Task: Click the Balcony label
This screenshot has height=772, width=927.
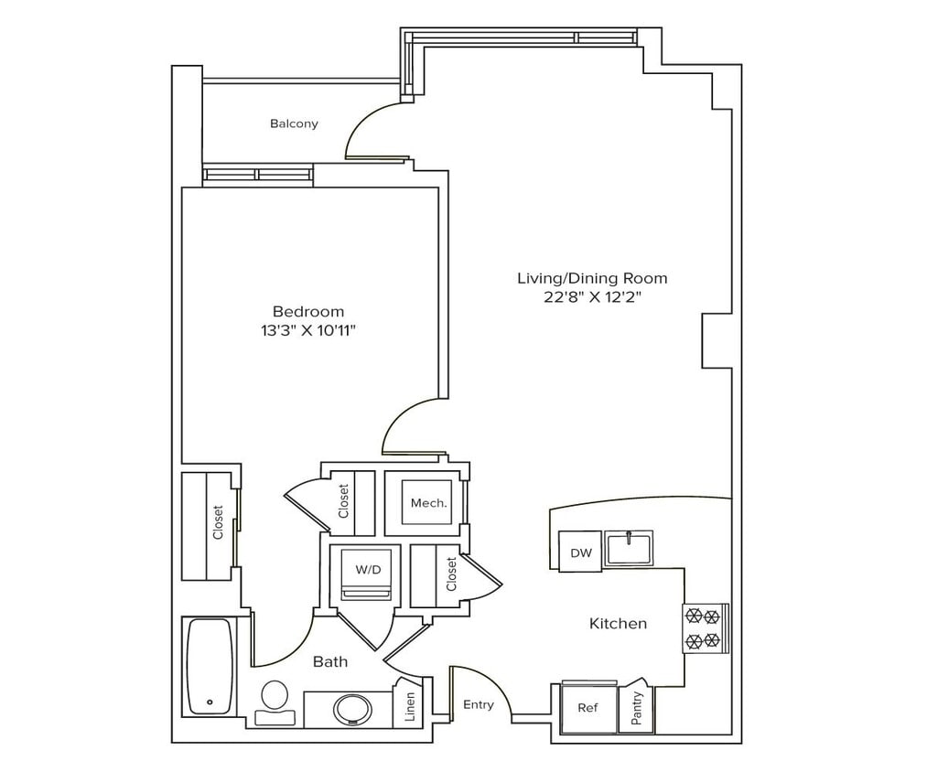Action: tap(294, 123)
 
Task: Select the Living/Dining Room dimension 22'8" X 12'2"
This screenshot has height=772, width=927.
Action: tap(592, 297)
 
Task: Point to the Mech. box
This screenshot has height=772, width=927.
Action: tap(427, 503)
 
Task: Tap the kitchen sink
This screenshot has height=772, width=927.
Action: tap(629, 548)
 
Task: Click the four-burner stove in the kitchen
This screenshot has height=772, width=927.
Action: tap(706, 628)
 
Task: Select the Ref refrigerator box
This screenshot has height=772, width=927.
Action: tap(587, 707)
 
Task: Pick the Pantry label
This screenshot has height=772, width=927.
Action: tap(637, 707)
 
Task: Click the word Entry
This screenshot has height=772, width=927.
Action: tap(478, 704)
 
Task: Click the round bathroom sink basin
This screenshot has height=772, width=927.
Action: tap(351, 708)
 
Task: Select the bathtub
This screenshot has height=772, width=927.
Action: tap(210, 666)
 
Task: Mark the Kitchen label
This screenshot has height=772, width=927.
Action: tap(618, 624)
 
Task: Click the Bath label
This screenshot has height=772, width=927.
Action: tap(330, 661)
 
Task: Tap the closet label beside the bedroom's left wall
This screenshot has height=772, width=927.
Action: tap(218, 522)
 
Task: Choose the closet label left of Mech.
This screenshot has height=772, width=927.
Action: tap(344, 501)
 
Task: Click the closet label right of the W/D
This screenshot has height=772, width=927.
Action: tap(451, 574)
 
